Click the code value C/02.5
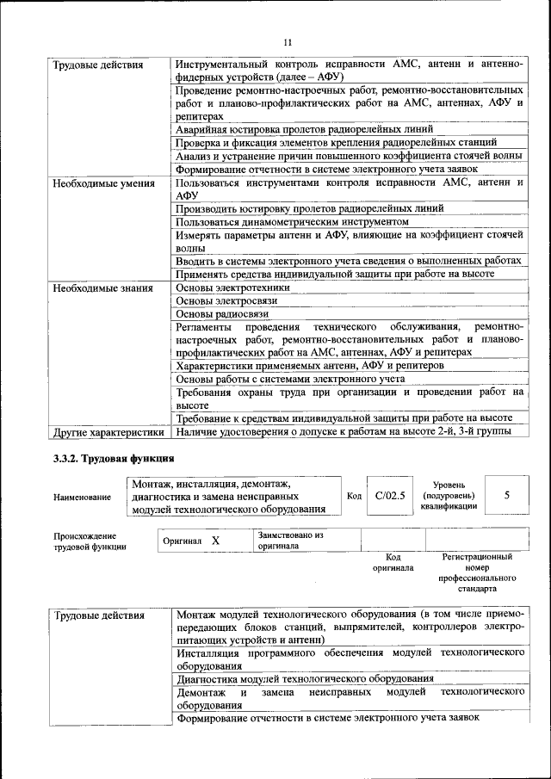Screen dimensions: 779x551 (x=390, y=496)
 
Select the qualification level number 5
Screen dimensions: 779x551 (x=506, y=495)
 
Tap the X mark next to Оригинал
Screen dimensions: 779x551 (x=215, y=541)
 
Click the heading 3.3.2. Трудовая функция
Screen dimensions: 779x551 (x=114, y=458)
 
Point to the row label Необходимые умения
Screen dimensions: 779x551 (x=103, y=183)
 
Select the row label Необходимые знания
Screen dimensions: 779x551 (x=102, y=287)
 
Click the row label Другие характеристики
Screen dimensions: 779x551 (x=108, y=431)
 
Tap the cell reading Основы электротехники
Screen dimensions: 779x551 (x=232, y=287)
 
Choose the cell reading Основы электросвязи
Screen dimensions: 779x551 (x=224, y=301)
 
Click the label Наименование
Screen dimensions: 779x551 (x=82, y=497)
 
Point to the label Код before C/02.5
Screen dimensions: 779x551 (x=354, y=496)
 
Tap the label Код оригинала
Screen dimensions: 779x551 (x=393, y=563)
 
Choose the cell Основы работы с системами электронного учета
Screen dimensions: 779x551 (x=290, y=379)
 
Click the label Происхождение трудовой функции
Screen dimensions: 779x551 (x=90, y=541)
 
